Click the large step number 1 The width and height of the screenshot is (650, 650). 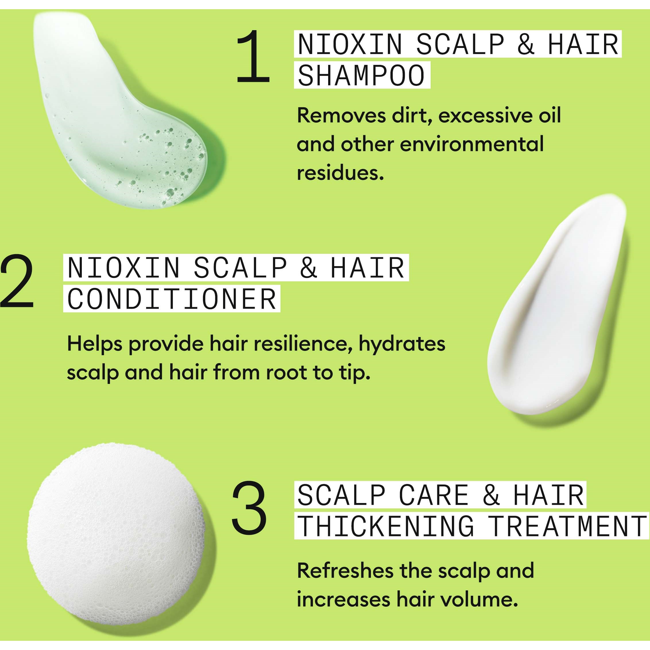coord(253,56)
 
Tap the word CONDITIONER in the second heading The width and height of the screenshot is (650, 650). coord(172,299)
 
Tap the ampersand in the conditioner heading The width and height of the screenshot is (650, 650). coord(309,268)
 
